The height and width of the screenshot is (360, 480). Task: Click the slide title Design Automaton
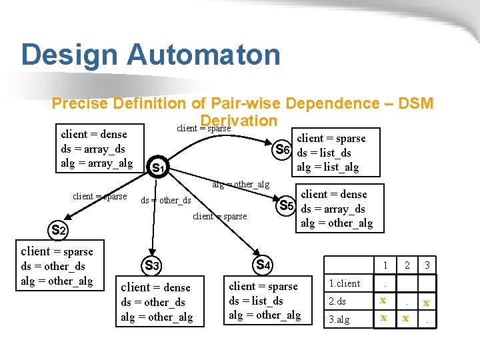coord(151,55)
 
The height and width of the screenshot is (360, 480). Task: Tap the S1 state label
coord(159,167)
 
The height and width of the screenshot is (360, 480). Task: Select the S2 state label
coord(59,231)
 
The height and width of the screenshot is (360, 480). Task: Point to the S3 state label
coord(151,265)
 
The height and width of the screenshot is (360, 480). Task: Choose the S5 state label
coord(287,205)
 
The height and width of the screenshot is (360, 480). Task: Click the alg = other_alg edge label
coord(241,184)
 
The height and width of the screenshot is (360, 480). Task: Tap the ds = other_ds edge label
coord(166,201)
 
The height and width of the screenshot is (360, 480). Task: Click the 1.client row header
coord(346,283)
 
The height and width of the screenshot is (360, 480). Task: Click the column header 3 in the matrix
coord(427,265)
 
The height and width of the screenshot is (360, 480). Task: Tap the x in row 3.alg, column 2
coord(405,319)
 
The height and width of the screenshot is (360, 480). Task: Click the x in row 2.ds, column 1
coord(383,301)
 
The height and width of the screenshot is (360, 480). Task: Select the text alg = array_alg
coord(97,163)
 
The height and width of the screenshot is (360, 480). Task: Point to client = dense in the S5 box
coord(333,194)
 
